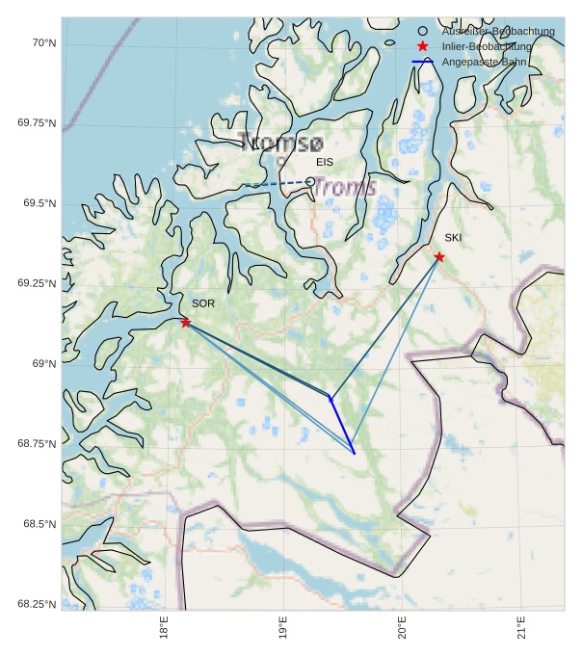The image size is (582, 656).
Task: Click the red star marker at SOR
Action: coord(185,322)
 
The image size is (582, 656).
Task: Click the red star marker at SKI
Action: coord(438,256)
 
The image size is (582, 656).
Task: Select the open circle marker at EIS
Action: coord(310,181)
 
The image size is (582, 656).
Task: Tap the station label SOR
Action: coord(203,303)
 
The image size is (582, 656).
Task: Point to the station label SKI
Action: coord(453,237)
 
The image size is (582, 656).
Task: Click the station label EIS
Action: coord(325,162)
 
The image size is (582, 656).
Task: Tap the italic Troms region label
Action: coord(345,188)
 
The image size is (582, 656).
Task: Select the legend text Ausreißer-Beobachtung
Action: coord(498,32)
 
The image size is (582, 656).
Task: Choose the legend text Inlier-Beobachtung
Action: coord(487,46)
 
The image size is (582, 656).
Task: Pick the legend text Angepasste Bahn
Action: coord(484,62)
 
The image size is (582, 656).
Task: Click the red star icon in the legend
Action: coord(422,46)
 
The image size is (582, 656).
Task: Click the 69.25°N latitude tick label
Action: coord(37,283)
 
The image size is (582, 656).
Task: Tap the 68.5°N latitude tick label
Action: coord(40,524)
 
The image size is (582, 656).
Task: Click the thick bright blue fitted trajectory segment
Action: coord(342,425)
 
